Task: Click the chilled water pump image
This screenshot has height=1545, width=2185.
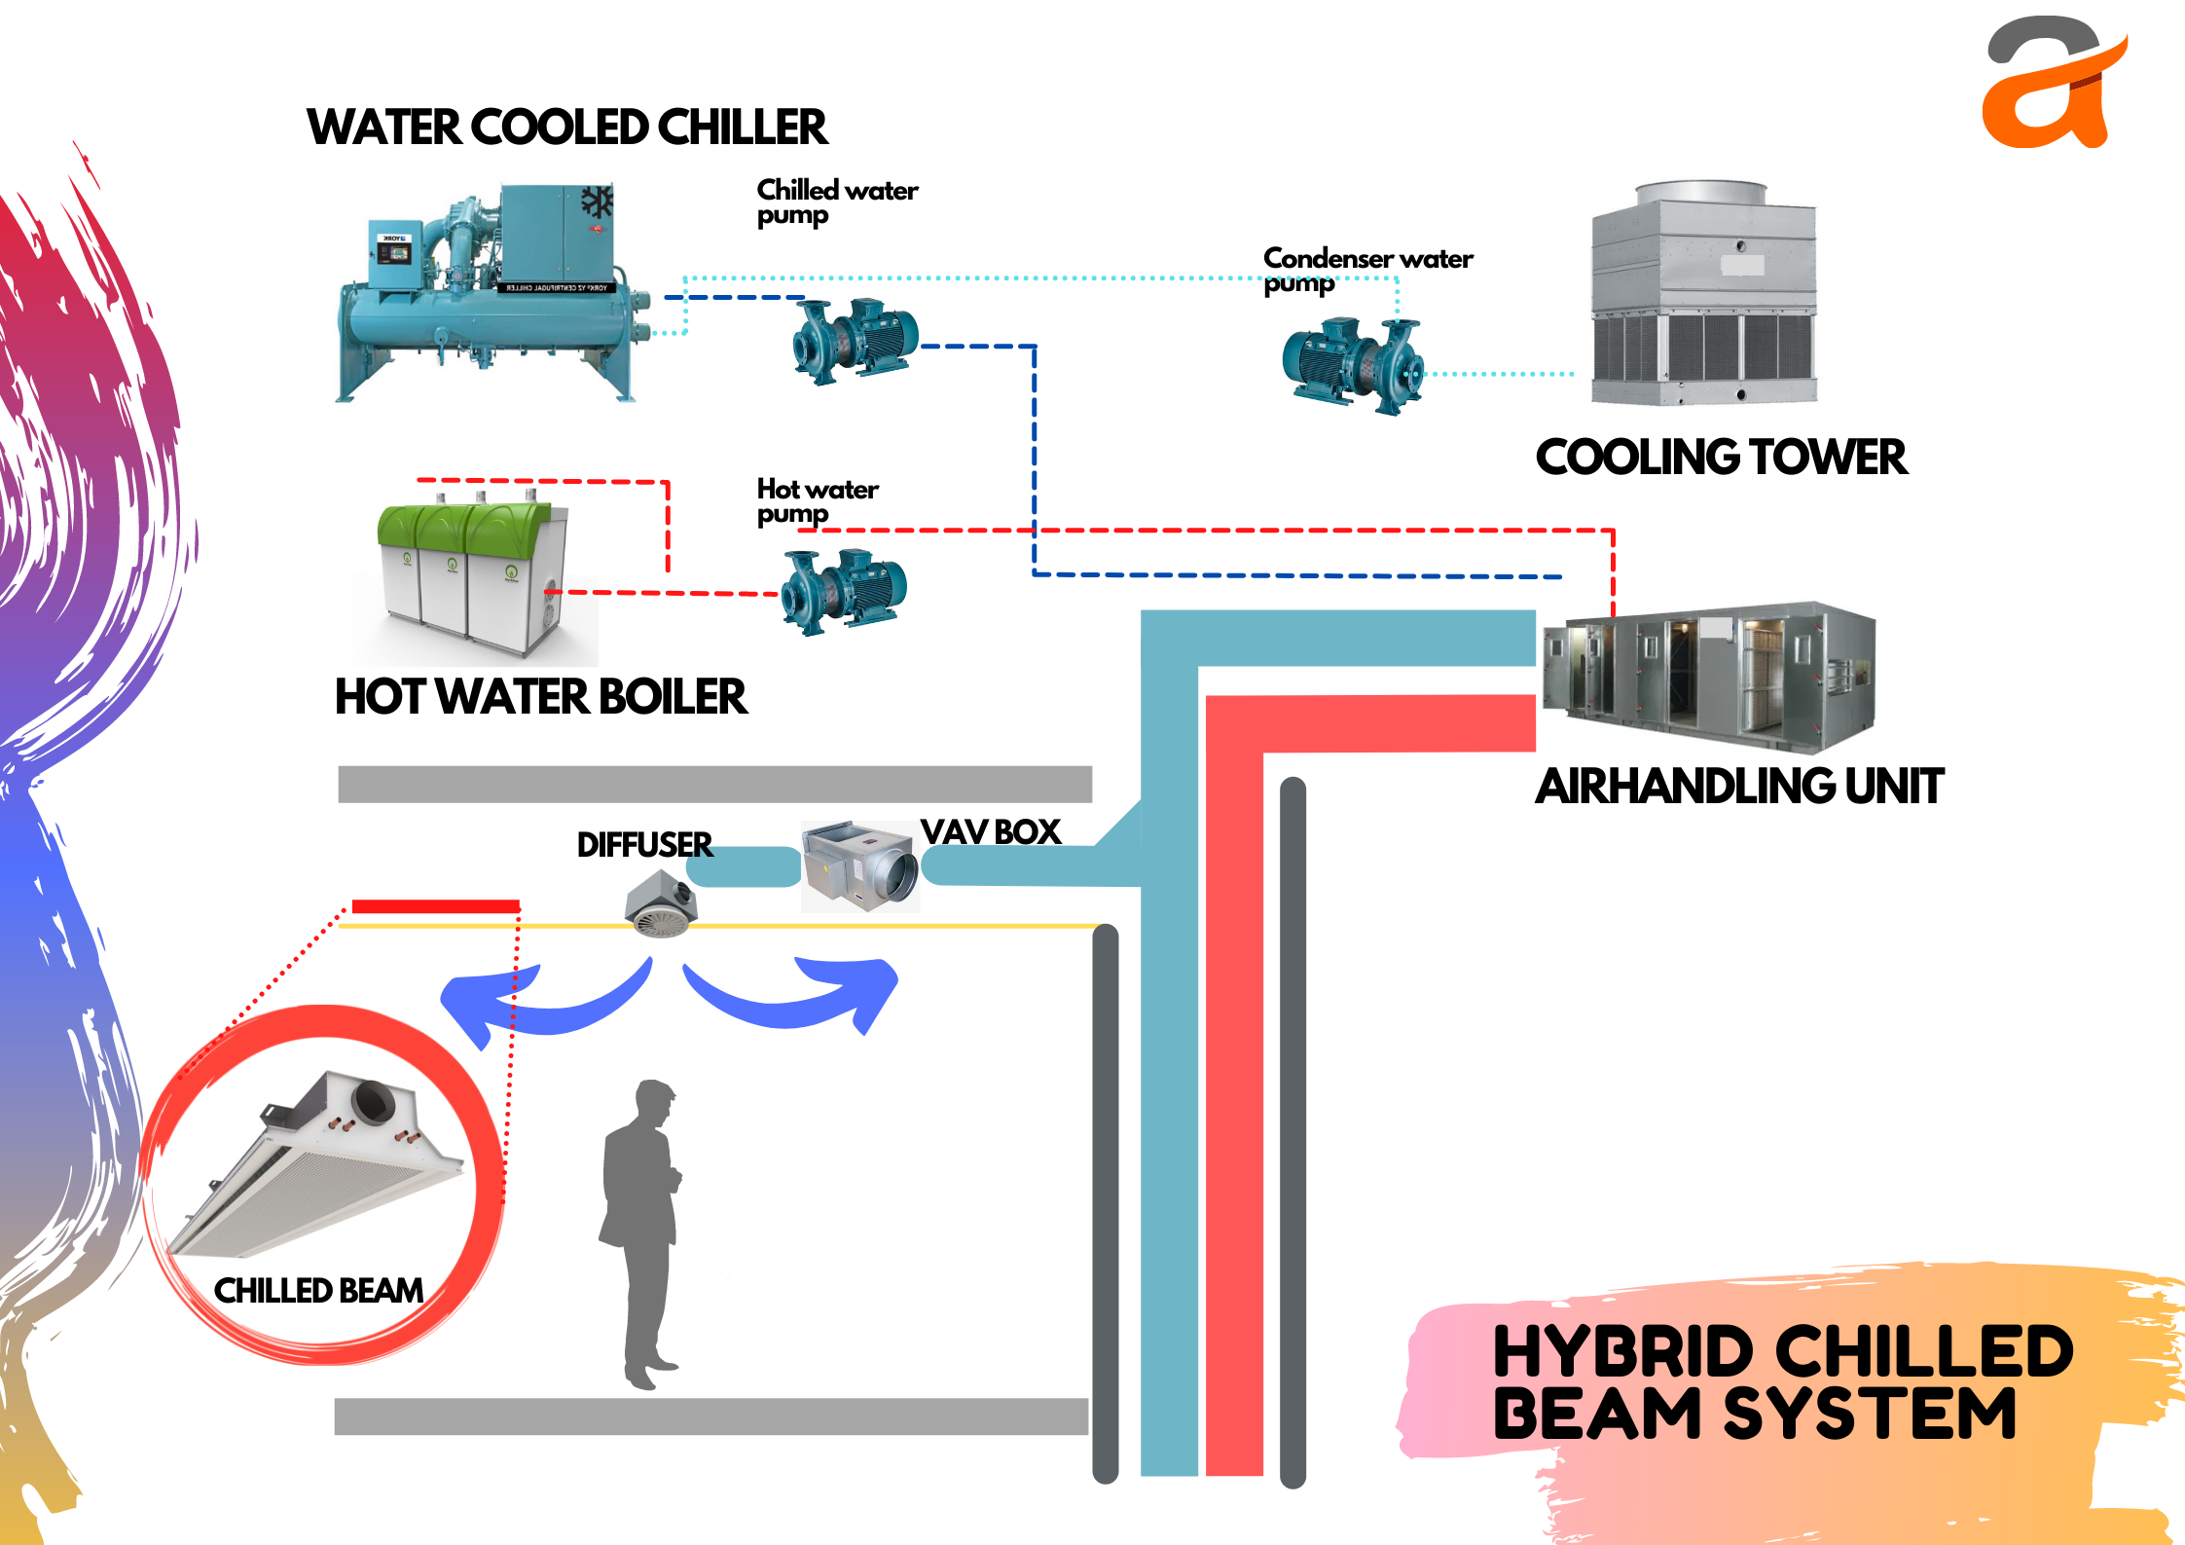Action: click(855, 340)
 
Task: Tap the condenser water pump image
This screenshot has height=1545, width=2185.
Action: click(1353, 365)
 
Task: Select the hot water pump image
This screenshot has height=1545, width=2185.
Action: click(843, 591)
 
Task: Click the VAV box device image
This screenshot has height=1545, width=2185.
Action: click(859, 865)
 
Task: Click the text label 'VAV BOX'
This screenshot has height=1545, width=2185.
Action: click(990, 832)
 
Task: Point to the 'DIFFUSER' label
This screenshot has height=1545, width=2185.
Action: click(644, 844)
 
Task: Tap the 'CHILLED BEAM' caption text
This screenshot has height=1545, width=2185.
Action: click(318, 1291)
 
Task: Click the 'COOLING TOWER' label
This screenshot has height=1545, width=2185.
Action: click(1721, 458)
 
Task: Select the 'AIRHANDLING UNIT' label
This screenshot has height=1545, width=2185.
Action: click(1739, 787)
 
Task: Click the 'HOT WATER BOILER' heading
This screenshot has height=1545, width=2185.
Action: click(540, 697)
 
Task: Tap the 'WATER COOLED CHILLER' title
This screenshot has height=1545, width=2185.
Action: click(566, 128)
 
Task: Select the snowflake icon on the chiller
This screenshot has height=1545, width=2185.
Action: click(597, 202)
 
